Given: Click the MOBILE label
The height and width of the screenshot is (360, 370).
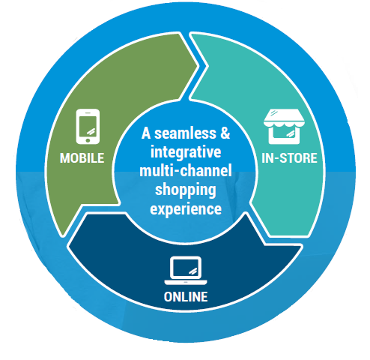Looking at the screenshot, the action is (x=82, y=158).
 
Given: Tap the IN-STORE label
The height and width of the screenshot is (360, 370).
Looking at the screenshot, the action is (x=289, y=158).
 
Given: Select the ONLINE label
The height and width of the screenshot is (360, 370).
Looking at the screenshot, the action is (x=186, y=297).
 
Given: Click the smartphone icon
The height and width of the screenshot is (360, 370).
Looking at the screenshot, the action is (x=88, y=127).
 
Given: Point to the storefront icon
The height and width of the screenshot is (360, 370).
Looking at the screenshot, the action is (x=284, y=127).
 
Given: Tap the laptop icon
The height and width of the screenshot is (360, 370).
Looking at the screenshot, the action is (x=186, y=271).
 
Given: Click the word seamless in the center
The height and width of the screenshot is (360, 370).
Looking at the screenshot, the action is (x=185, y=133).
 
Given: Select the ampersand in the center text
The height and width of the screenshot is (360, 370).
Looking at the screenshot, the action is (x=225, y=133).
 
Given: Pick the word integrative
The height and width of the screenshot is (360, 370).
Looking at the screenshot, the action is (x=186, y=152).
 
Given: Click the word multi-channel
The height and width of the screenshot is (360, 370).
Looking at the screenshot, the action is (x=186, y=171).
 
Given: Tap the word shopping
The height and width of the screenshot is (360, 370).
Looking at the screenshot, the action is (x=186, y=190).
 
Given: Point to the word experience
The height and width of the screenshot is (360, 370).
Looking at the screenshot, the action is (x=186, y=209).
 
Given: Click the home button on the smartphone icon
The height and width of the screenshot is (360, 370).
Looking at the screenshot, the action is (x=88, y=140).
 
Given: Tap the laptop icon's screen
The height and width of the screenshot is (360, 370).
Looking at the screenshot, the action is (x=186, y=268).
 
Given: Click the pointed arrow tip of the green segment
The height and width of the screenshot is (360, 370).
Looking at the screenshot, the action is (x=198, y=66).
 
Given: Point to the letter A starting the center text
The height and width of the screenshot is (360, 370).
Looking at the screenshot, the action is (x=146, y=133).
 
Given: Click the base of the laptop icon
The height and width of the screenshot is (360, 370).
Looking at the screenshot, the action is (x=186, y=283).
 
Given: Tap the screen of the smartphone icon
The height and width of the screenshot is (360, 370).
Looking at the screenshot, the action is (x=88, y=126).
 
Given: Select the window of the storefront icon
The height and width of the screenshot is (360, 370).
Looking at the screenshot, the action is (x=284, y=133).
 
